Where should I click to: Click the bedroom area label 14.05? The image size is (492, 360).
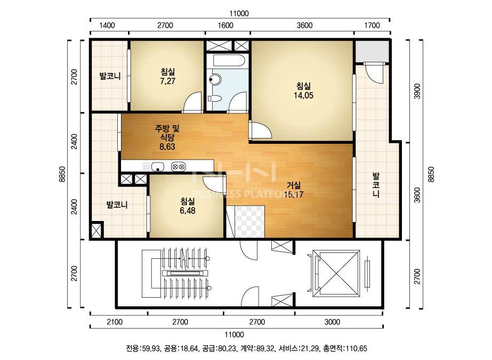303,95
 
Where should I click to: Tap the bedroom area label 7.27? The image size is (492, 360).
167,81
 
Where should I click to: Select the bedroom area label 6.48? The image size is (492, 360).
188,210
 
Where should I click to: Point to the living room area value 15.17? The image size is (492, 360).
294,194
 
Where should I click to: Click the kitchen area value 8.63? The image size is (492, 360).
167,146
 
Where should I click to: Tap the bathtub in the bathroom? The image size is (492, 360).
228,61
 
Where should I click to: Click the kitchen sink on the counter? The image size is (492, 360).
158,167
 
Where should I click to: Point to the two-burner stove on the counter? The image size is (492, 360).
179,167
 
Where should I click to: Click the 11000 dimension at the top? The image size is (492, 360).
239,13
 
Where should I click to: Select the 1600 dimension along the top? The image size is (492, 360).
225,26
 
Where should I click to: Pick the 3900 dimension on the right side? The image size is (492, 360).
417,91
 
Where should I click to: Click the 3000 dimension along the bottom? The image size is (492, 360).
332,322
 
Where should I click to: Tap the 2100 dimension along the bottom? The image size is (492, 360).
115,322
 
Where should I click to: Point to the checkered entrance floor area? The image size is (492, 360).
249,222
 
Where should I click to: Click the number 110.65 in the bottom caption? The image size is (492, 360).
356,348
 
